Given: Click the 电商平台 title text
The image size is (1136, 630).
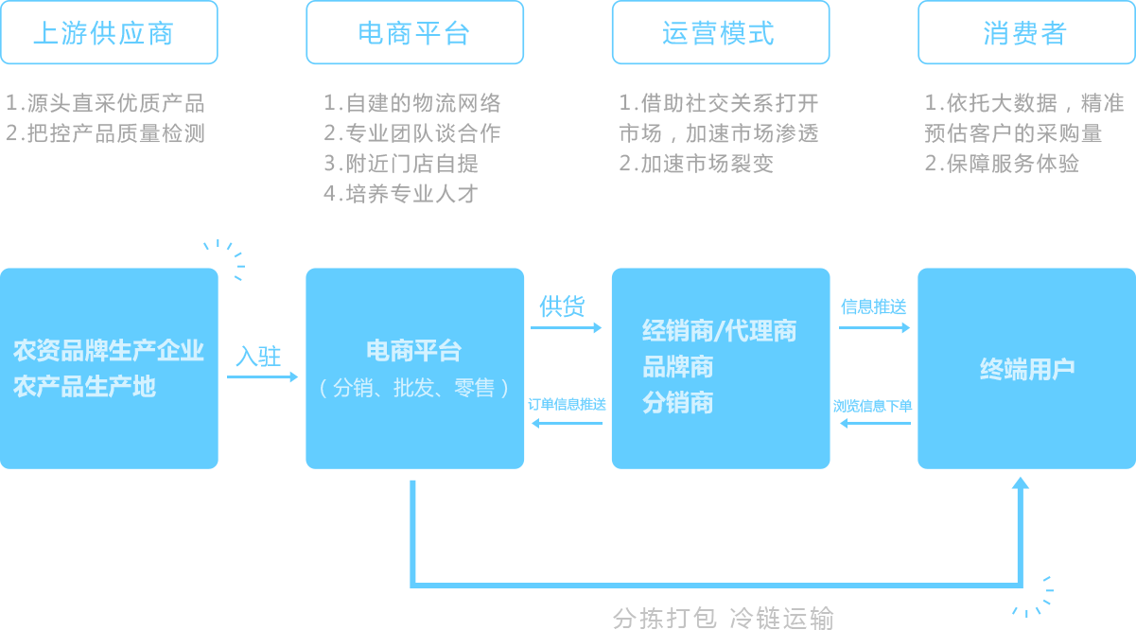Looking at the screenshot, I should click(x=414, y=351).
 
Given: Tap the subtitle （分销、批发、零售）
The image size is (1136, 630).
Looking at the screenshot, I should click(x=414, y=388).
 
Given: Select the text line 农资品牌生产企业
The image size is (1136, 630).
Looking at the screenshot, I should click(x=109, y=351).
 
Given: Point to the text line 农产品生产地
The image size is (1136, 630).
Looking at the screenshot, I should click(x=84, y=386).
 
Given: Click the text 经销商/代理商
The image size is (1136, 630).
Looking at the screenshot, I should click(x=719, y=331).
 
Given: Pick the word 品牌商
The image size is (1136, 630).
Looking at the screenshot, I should click(x=677, y=367).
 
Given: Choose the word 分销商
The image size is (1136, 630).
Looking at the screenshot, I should click(x=677, y=403).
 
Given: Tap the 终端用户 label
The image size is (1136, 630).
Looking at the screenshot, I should click(x=1027, y=369).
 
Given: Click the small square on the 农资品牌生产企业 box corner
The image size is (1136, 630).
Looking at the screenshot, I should click(x=224, y=259).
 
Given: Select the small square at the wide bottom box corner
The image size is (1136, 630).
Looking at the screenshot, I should click(x=1033, y=596).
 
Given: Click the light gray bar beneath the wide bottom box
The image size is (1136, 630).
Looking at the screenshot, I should click(x=724, y=618).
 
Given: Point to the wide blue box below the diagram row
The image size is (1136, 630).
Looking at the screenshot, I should click(x=719, y=532).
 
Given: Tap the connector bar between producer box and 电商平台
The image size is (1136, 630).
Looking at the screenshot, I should click(x=263, y=376).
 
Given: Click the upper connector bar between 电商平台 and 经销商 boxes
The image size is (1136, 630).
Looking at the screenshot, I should click(x=567, y=328).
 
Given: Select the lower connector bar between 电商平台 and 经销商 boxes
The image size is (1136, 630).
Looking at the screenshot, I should click(x=567, y=423).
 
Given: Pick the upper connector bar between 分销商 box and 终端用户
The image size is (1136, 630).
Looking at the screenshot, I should click(x=875, y=328).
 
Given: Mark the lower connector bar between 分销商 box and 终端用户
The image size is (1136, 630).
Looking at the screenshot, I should click(x=875, y=423).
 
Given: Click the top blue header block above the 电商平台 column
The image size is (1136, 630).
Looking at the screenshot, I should click(x=414, y=33).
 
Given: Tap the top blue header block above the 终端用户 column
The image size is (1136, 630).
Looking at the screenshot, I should click(x=1026, y=33).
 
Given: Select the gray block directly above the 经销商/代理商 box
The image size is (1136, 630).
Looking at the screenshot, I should click(x=719, y=132).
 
